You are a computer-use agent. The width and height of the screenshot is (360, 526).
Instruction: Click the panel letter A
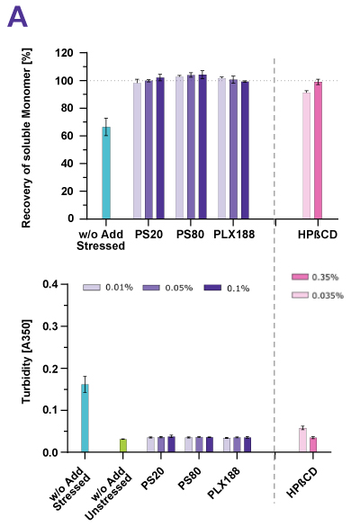[x=18, y=18]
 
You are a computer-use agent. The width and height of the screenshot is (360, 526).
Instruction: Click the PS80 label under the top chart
[x=190, y=232]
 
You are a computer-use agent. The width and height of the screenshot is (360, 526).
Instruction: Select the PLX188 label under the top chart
[x=233, y=232]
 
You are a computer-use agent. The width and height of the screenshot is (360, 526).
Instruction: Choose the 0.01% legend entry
[x=108, y=288]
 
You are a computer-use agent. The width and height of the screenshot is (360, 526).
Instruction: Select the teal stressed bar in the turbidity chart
[x=85, y=418]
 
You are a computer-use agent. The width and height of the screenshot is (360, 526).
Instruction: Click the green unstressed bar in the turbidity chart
[x=123, y=445]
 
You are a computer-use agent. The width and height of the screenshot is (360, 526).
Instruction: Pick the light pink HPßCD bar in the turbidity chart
[x=302, y=440]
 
